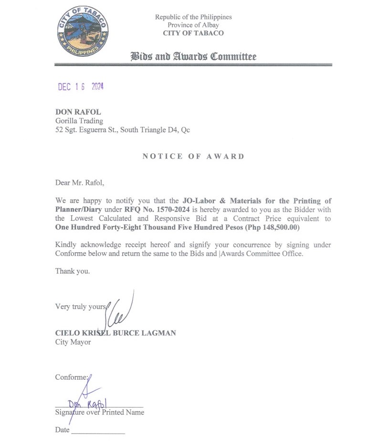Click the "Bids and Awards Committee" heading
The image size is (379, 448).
[193, 57]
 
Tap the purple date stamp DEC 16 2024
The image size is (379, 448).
[81, 87]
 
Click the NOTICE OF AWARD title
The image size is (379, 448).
[193, 156]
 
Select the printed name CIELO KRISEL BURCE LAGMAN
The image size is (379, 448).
[116, 333]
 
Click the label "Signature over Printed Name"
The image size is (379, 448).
[100, 412]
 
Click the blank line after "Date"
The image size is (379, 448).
[98, 431]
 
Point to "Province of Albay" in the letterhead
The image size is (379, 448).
[193, 25]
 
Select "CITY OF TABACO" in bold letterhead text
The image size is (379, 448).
[193, 33]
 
